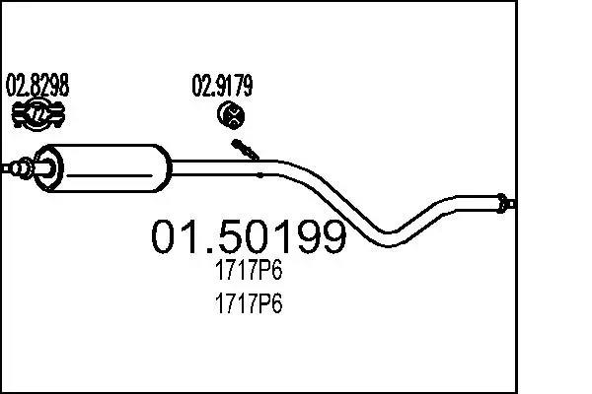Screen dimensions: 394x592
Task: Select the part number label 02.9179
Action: pos(221,86)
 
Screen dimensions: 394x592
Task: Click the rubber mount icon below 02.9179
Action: pos(231,117)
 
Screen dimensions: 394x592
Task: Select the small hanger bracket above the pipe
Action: pos(246,150)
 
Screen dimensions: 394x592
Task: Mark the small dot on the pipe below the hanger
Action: pos(259,175)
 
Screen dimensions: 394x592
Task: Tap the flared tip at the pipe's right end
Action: pos(505,204)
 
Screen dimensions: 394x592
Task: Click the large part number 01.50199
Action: pos(248,237)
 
